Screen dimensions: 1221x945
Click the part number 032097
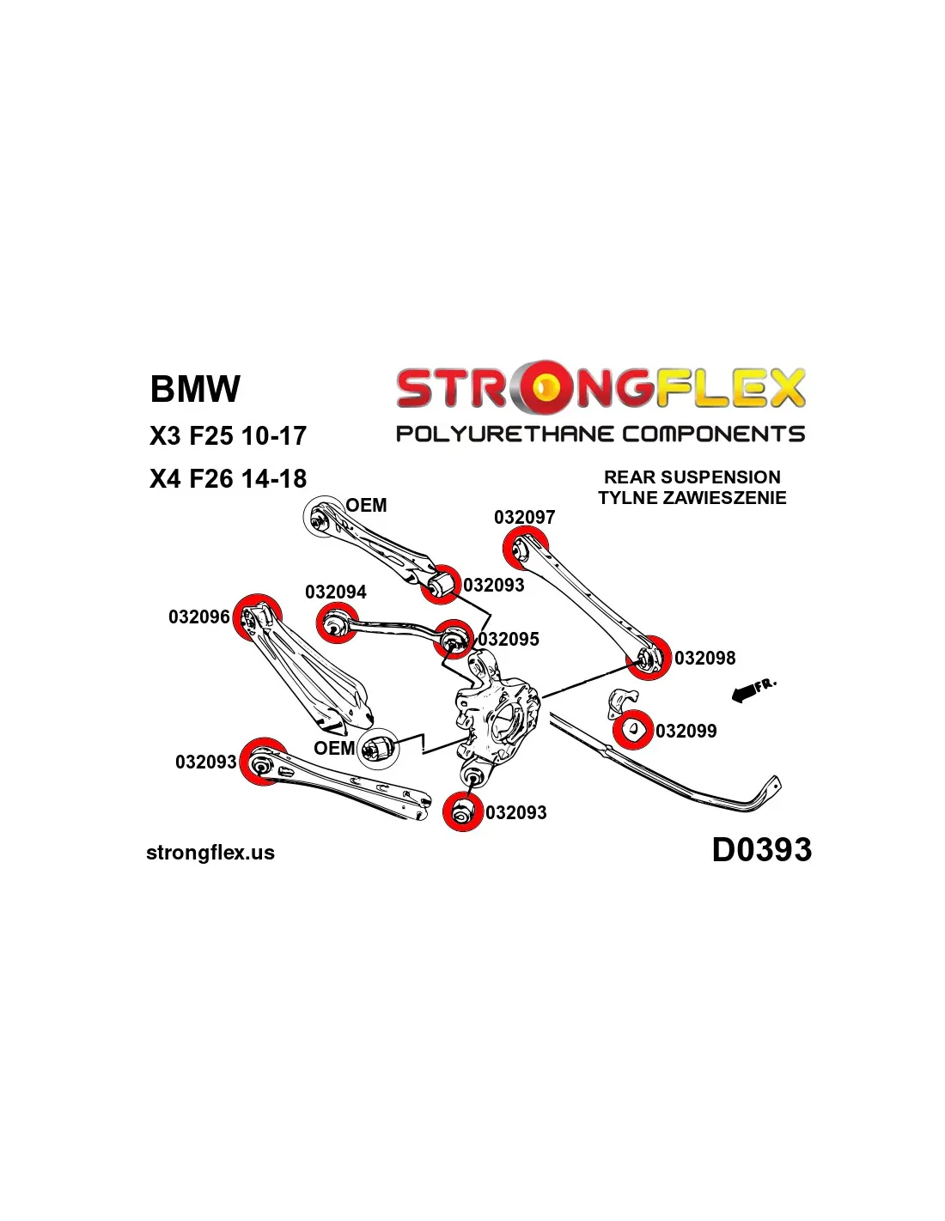point(524,517)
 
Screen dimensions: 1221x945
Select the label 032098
point(704,659)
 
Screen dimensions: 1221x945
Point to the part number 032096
point(198,617)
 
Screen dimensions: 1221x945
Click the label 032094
point(335,592)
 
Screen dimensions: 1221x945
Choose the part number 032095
point(509,640)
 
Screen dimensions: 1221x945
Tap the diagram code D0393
point(761,850)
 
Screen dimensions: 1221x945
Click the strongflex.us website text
point(210,853)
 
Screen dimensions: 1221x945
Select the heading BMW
point(195,389)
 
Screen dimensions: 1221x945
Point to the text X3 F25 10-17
point(228,436)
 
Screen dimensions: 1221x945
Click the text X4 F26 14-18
point(228,478)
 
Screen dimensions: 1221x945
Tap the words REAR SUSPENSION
point(692,477)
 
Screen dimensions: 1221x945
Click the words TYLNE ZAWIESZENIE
point(692,498)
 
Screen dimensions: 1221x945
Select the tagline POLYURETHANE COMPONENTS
point(600,434)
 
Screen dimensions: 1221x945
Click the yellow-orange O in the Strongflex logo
point(544,389)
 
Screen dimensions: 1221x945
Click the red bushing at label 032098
point(648,658)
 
